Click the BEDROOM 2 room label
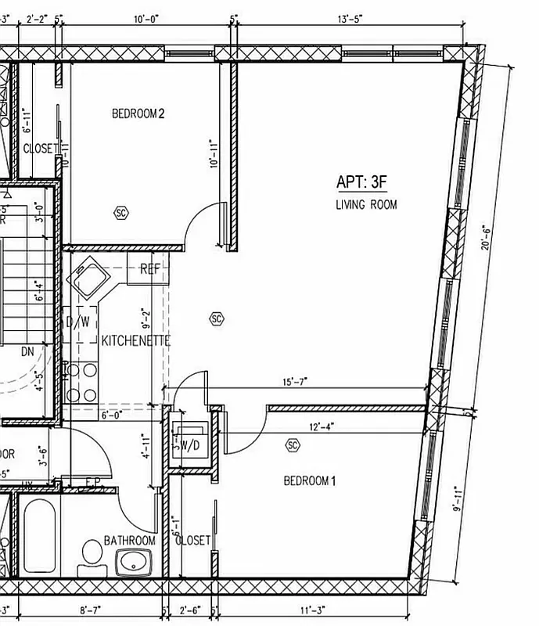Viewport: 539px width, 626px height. coord(138,114)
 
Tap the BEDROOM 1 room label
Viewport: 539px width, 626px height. coord(309,480)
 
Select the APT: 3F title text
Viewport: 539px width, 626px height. coord(362,182)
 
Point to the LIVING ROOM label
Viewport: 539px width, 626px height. coord(366,205)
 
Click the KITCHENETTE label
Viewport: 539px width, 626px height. coord(135,341)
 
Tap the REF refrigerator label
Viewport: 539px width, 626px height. coord(150,269)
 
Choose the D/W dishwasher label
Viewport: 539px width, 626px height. coord(77,321)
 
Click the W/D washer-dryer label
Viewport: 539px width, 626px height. coord(189,445)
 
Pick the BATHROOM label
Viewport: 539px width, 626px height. coord(130,541)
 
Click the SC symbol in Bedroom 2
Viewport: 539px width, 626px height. coord(120,212)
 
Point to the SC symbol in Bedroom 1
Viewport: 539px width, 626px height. coord(293,445)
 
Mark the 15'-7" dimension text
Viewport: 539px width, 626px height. coord(295,382)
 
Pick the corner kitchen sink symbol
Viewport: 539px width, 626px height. coord(88,277)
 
